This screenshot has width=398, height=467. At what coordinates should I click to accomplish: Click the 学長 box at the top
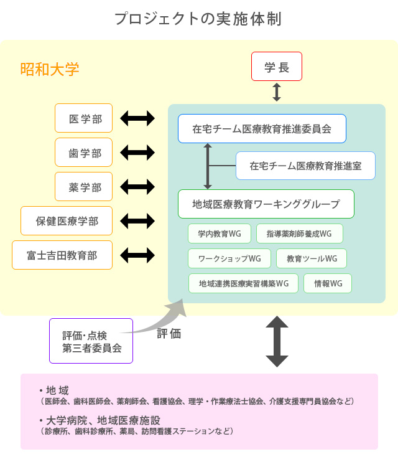click(x=276, y=67)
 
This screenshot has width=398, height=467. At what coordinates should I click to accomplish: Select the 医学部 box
click(x=83, y=118)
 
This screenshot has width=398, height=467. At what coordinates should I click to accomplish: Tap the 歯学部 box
click(x=83, y=152)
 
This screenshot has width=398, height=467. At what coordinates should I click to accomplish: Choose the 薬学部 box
click(x=83, y=186)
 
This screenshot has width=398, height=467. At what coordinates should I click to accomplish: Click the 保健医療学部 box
click(x=67, y=220)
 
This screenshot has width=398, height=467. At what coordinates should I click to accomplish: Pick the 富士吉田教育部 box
click(x=62, y=255)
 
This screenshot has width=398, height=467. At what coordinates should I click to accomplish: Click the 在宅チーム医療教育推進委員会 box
click(x=261, y=129)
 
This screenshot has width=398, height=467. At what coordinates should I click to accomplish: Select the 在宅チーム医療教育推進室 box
click(x=305, y=166)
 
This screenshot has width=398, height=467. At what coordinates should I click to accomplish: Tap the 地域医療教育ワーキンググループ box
click(x=266, y=204)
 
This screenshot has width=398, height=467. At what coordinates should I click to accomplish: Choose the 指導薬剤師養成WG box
click(x=299, y=233)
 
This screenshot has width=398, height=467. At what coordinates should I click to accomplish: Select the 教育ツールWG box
click(x=312, y=258)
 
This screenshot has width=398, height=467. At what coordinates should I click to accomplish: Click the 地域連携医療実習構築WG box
click(x=243, y=283)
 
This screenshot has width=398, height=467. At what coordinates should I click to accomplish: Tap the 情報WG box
click(x=328, y=283)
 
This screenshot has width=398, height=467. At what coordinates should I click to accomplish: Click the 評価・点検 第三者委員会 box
click(x=91, y=341)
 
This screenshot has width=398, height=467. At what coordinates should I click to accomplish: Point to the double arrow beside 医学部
click(x=137, y=118)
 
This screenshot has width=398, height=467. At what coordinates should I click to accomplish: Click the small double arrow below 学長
click(x=277, y=92)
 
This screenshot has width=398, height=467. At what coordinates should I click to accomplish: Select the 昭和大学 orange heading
click(x=50, y=69)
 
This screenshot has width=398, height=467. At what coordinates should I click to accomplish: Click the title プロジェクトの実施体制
click(x=198, y=19)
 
